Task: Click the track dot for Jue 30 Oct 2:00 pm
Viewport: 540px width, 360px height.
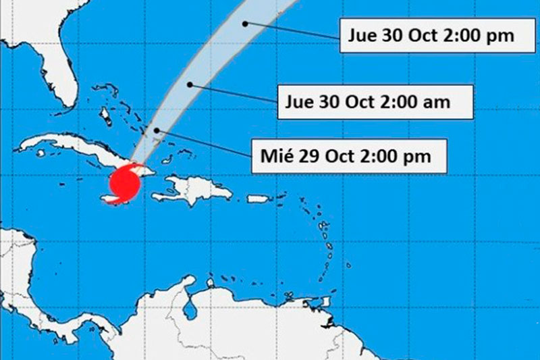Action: [x=246, y=23]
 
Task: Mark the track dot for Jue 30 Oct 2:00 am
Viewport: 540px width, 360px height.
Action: [x=190, y=84]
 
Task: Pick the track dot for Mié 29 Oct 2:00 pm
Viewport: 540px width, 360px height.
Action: [x=156, y=130]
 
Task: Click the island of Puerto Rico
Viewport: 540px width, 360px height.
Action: [x=257, y=199]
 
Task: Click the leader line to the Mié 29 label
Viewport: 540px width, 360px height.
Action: [x=203, y=142]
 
